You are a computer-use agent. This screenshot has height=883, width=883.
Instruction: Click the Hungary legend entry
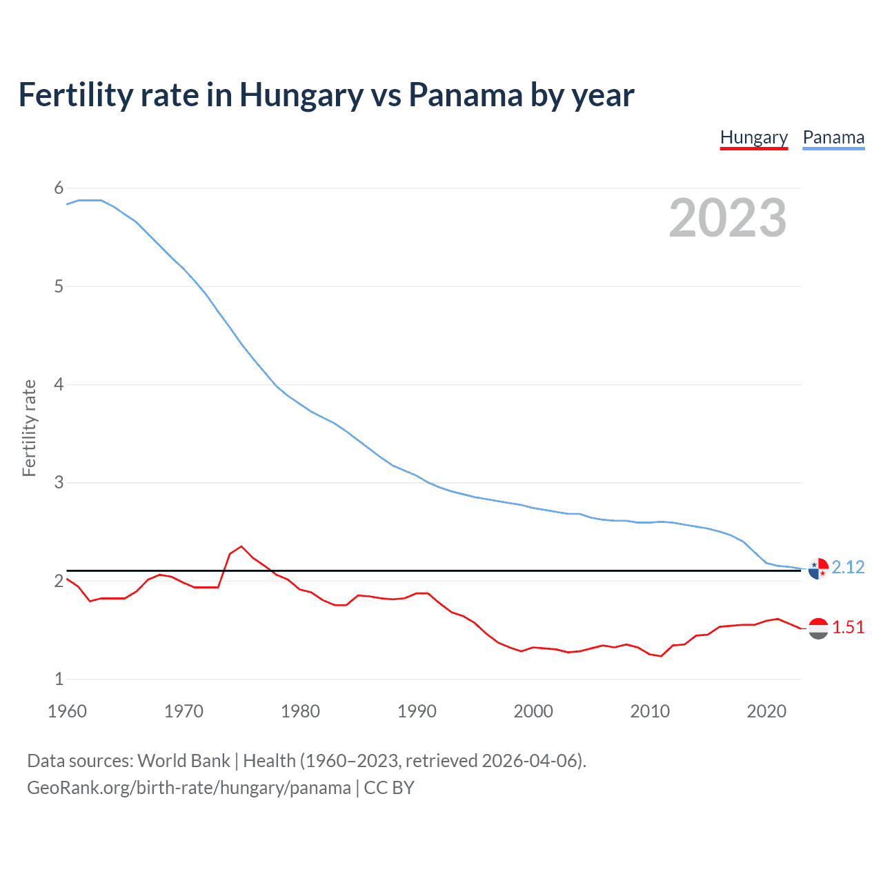pyautogui.click(x=753, y=137)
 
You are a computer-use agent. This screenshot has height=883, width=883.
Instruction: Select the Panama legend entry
pyautogui.click(x=833, y=137)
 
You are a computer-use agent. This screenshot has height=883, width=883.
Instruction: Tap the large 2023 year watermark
pyautogui.click(x=727, y=218)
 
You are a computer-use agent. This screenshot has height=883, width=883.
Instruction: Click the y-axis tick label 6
pyautogui.click(x=59, y=188)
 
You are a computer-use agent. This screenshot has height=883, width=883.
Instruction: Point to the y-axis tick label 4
pyautogui.click(x=59, y=384)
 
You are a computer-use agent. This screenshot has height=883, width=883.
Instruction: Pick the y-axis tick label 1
pyautogui.click(x=59, y=679)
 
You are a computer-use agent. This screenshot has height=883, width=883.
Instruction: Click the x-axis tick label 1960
pyautogui.click(x=67, y=711)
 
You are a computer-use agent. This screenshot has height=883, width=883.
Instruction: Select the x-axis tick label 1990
pyautogui.click(x=417, y=711)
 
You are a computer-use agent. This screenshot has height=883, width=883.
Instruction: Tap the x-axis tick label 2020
pyautogui.click(x=766, y=711)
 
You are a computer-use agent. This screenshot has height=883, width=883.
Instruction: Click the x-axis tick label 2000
pyautogui.click(x=533, y=711)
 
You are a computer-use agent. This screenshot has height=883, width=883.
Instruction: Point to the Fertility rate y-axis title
pyautogui.click(x=29, y=428)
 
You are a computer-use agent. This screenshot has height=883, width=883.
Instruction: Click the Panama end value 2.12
pyautogui.click(x=848, y=567)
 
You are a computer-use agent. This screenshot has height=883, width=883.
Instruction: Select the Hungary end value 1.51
pyautogui.click(x=848, y=627)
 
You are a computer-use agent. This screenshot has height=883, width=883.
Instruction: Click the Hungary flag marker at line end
pyautogui.click(x=818, y=628)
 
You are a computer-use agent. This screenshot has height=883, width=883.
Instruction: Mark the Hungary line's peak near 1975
pyautogui.click(x=241, y=546)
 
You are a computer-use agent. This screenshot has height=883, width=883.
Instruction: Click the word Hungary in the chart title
pyautogui.click(x=301, y=95)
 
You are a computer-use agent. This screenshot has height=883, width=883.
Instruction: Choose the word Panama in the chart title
pyautogui.click(x=465, y=95)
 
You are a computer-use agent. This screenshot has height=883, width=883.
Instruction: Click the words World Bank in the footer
pyautogui.click(x=183, y=760)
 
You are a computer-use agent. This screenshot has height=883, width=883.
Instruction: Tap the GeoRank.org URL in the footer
pyautogui.click(x=188, y=787)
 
